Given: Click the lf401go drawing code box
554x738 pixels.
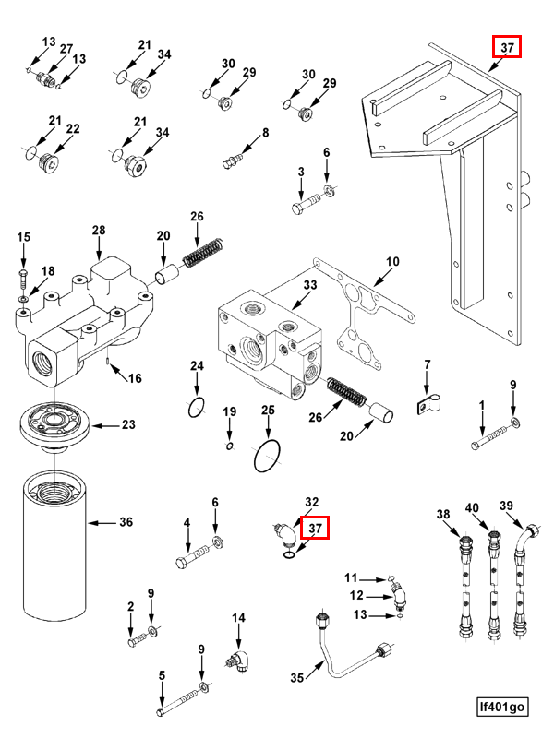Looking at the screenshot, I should pyautogui.click(x=502, y=708).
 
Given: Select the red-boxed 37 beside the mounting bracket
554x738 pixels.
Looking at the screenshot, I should pyautogui.click(x=506, y=47).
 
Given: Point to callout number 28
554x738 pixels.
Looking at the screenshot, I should pyautogui.click(x=99, y=231).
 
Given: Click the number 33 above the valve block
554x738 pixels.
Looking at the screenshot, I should pyautogui.click(x=309, y=286).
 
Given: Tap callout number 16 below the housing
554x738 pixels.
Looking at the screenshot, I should pyautogui.click(x=135, y=377).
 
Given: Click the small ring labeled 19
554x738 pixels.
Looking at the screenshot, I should pyautogui.click(x=230, y=446).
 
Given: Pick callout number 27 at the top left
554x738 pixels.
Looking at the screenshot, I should pyautogui.click(x=66, y=48).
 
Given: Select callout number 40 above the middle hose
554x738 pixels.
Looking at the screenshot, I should pyautogui.click(x=473, y=508).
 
